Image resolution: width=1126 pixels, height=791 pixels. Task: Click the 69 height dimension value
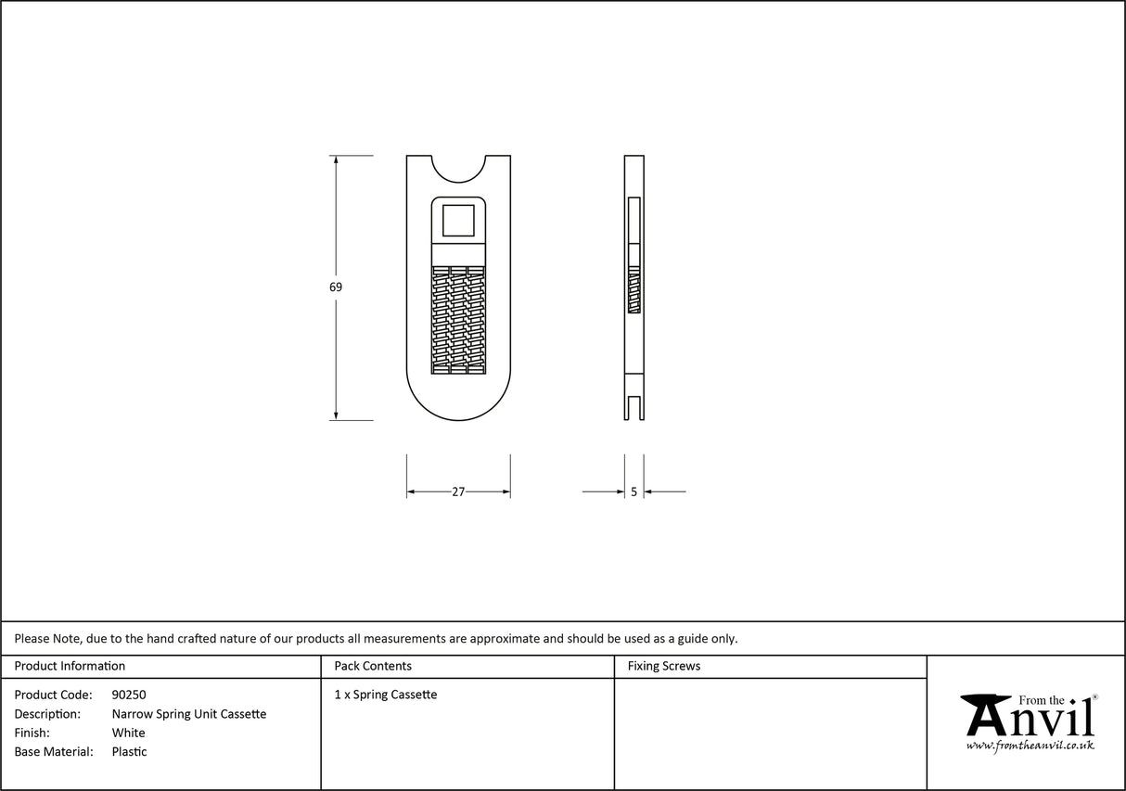pos(336,287)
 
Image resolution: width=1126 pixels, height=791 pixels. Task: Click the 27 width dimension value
pos(458,492)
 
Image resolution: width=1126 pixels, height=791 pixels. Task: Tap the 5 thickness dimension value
pos(633,492)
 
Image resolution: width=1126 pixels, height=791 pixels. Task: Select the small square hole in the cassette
pos(458,221)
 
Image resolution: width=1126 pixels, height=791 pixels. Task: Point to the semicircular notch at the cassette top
pos(458,167)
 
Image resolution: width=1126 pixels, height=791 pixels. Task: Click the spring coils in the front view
pos(458,320)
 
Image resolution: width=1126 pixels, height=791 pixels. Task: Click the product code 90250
pos(129,695)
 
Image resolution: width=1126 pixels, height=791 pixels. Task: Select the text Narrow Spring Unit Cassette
pos(189,714)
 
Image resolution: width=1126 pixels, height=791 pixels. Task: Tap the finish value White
pos(128,733)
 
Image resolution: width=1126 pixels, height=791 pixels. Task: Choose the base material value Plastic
pos(129,752)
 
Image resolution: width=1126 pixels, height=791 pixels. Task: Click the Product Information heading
pos(70,666)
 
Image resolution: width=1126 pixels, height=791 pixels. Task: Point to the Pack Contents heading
pos(373,666)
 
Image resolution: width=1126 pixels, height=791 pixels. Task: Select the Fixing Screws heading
pos(664,666)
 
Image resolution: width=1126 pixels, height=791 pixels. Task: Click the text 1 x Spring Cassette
pos(386,695)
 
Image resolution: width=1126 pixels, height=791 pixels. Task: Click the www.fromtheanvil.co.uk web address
pos(1030,745)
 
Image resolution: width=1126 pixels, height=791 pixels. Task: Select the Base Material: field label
pos(54,752)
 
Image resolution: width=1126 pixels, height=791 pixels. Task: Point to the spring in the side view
pos(634,289)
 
